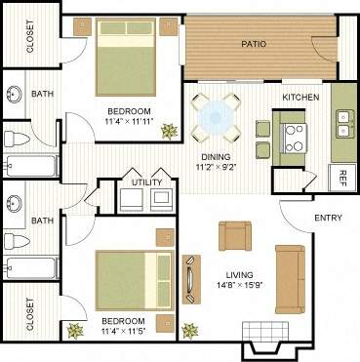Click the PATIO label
[x=255, y=43]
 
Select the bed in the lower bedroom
[x=132, y=279]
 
